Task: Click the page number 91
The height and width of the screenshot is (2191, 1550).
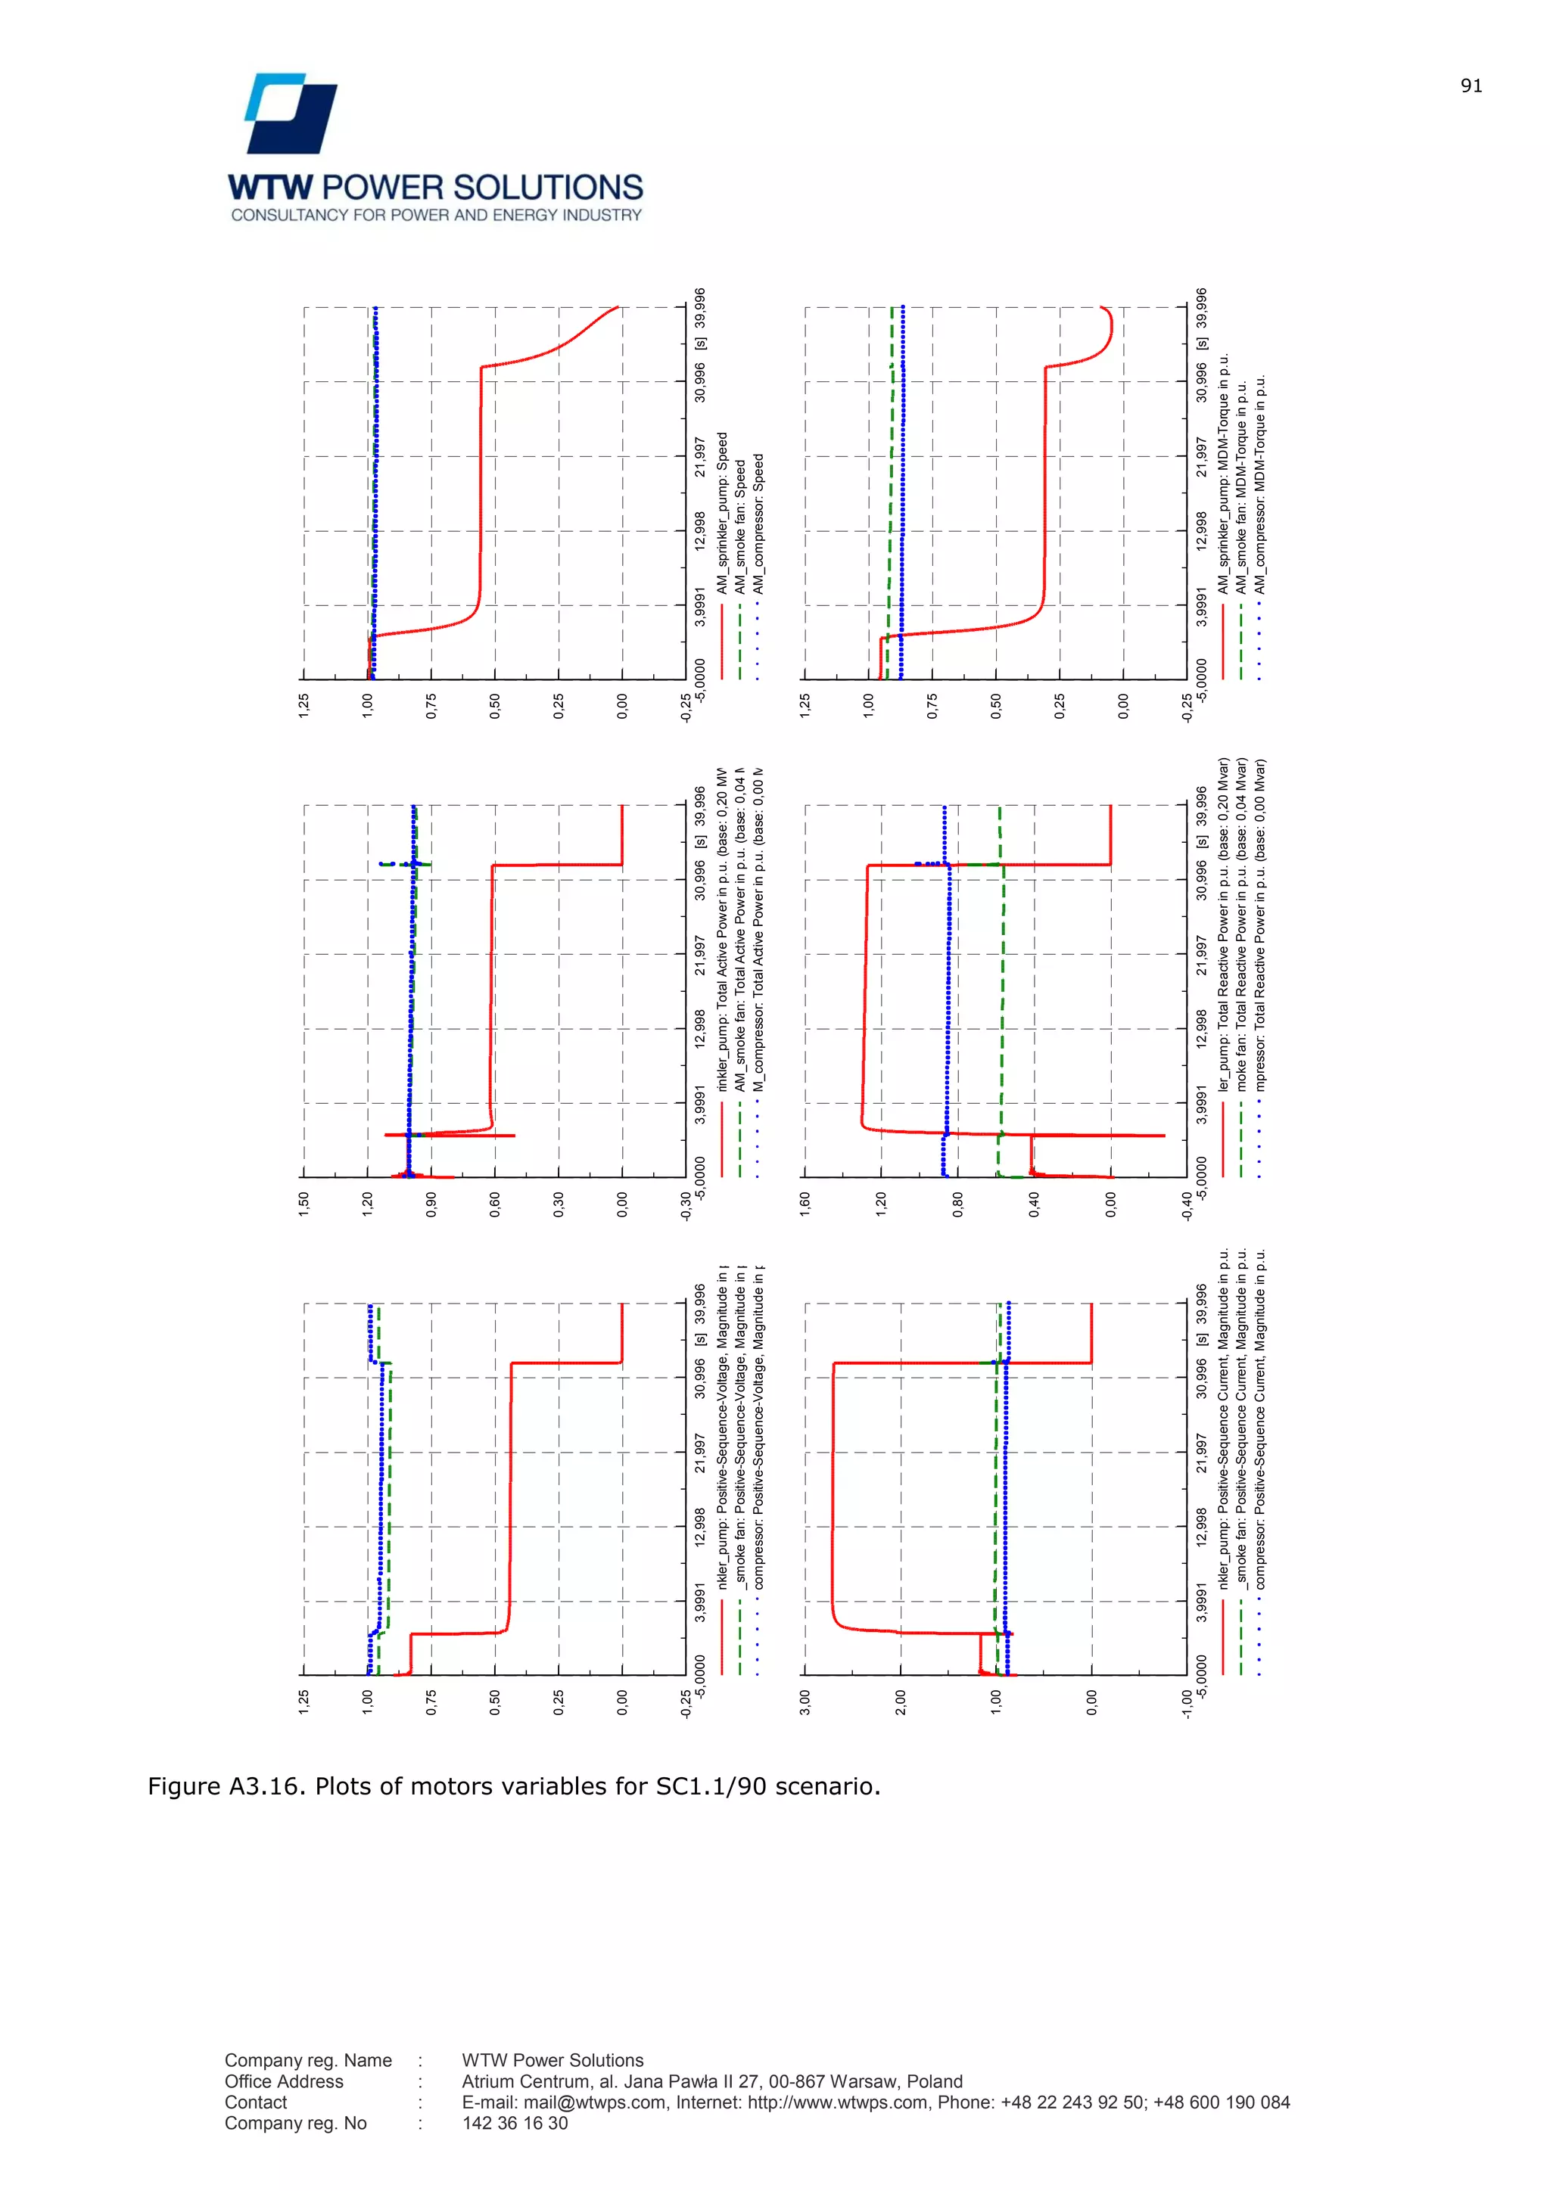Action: pos(1471,86)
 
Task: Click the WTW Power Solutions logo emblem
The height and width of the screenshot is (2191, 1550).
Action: pos(291,113)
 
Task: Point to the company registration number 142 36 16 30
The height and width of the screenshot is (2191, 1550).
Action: pos(515,2123)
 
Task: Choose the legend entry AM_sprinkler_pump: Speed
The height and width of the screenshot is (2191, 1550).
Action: pos(723,514)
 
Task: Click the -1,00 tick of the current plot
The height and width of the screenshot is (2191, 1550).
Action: pos(1187,1705)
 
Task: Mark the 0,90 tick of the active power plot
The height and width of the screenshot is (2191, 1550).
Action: pos(431,1206)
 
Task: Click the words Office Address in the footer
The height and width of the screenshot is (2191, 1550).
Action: pos(284,2081)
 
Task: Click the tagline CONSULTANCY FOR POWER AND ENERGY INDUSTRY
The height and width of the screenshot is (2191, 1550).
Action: pos(436,216)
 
